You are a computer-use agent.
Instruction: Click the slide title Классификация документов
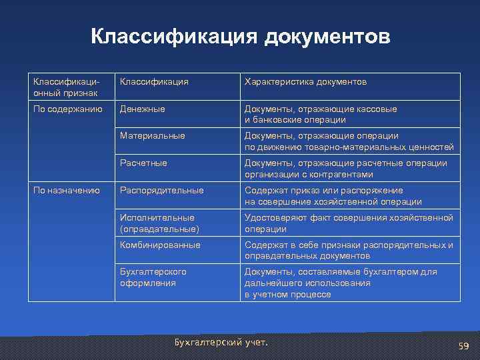pos(240,37)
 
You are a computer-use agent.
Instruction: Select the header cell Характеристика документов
pos(305,81)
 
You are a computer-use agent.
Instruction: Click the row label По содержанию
pos(67,109)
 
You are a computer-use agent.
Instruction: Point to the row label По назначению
pos(67,191)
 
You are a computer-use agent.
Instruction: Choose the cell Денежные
pos(142,109)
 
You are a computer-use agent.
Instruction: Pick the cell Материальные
pos(152,136)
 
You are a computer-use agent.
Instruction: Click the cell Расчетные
pos(143,163)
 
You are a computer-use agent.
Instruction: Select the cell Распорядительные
pos(161,191)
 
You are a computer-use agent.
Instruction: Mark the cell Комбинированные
pos(160,245)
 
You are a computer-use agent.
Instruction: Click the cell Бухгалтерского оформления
pos(153,277)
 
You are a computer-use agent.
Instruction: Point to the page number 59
pos(464,346)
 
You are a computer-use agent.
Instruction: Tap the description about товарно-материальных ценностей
pos(349,141)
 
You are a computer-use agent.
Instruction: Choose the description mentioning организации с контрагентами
pos(345,169)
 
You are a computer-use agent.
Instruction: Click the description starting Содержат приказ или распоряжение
pos(333,196)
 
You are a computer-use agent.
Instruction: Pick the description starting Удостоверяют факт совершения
pos(349,223)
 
